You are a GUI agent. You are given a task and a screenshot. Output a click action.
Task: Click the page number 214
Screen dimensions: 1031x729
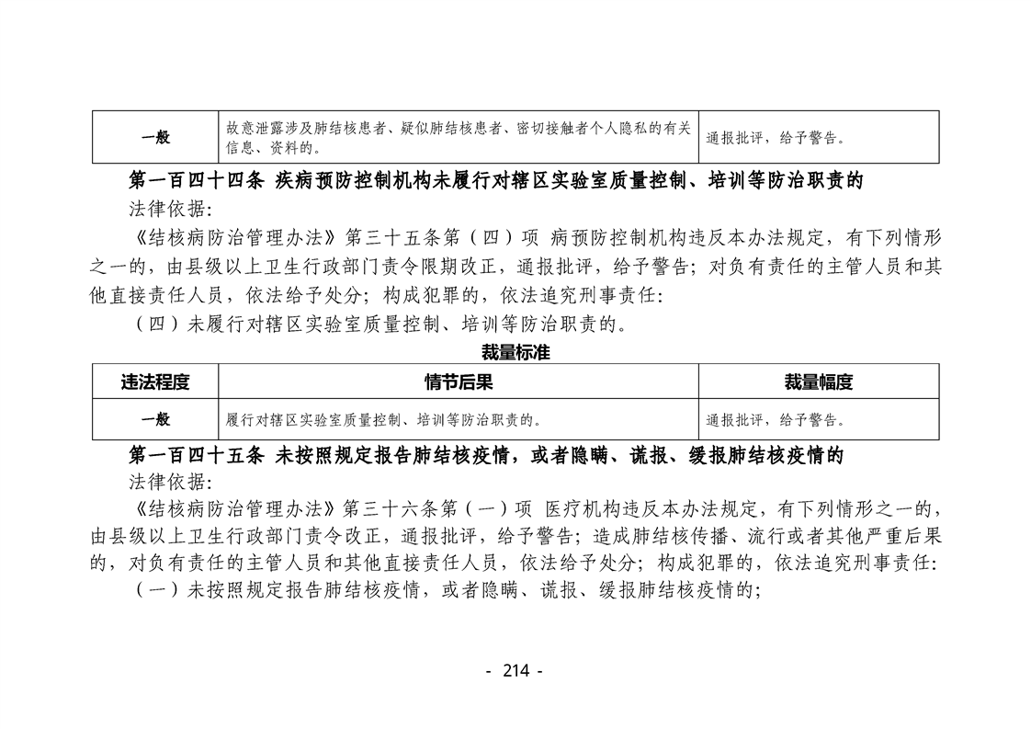(515, 670)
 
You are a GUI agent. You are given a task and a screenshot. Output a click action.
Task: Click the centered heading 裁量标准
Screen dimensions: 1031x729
(515, 353)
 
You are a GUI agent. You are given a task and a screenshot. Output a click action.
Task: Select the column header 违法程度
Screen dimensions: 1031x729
(155, 382)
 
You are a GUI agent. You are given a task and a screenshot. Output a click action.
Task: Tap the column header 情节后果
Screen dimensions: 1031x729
(459, 382)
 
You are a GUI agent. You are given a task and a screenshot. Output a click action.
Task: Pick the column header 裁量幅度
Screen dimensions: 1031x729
(819, 382)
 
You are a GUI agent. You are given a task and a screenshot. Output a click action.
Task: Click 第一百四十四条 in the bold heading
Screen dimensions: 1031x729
(197, 180)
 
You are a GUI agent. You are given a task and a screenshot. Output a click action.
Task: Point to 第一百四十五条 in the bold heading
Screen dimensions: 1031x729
(197, 455)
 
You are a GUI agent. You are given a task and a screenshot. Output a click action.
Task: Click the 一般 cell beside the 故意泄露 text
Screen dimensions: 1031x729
(155, 137)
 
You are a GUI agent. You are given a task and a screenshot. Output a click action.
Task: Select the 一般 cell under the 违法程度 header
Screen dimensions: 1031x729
(155, 419)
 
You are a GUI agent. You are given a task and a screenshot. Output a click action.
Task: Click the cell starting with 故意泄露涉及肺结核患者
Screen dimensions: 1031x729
(459, 138)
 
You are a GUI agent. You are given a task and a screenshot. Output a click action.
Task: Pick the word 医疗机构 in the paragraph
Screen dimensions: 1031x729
(583, 509)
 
